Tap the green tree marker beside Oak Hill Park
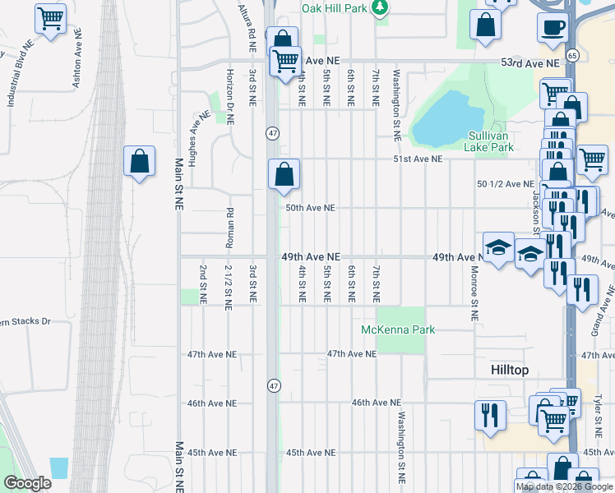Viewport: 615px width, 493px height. tap(379, 7)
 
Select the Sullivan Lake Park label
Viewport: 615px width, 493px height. tap(491, 141)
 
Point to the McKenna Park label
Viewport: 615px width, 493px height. tap(398, 329)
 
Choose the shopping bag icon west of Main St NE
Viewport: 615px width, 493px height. tap(140, 161)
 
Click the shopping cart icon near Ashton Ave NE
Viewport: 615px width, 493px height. tap(51, 19)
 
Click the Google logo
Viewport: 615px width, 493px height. tap(27, 482)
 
